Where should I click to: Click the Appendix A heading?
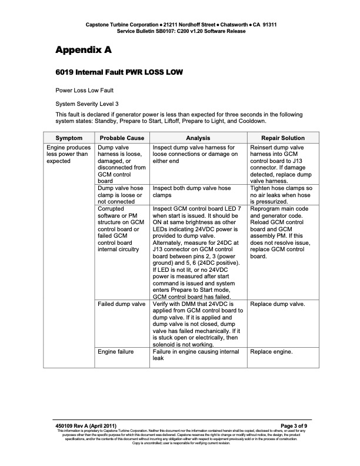coord(83,50)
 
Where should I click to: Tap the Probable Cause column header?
coord(122,137)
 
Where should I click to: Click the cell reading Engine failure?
coord(116,351)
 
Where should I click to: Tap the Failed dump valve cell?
coord(122,304)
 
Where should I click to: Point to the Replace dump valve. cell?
coord(278,304)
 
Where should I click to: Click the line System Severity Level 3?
coord(87,104)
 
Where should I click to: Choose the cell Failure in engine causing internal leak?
coord(196,355)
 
